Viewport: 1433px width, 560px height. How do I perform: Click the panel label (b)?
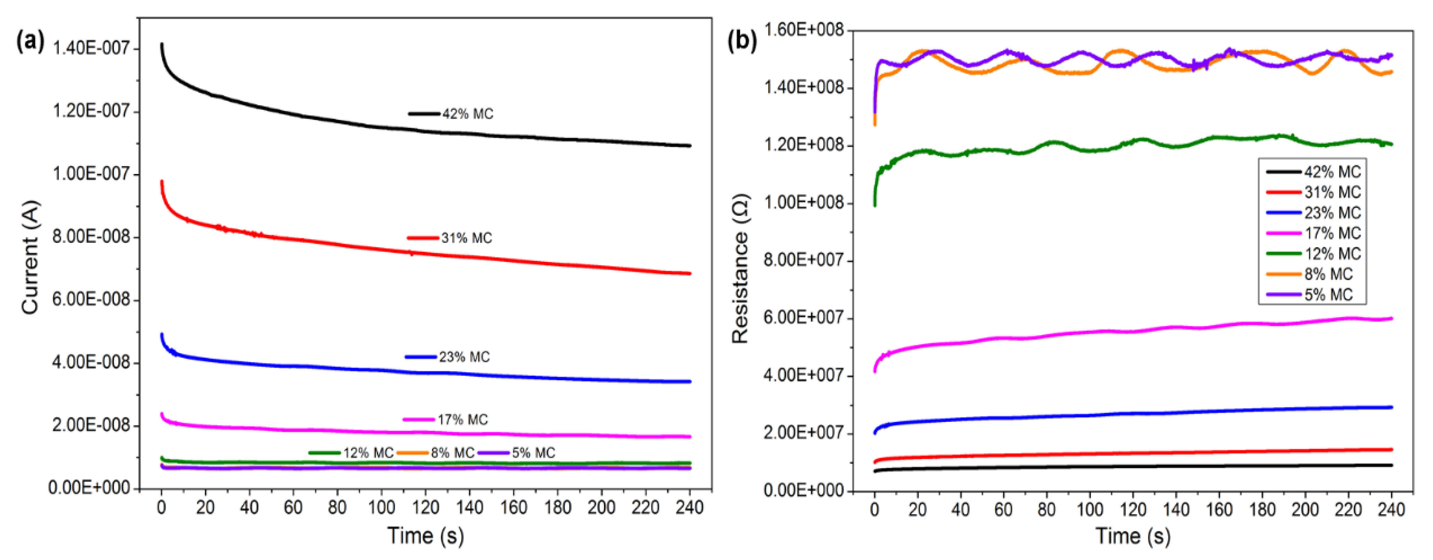[742, 42]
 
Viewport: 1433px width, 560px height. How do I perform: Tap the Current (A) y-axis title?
[31, 257]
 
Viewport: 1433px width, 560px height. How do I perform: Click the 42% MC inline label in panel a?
[467, 114]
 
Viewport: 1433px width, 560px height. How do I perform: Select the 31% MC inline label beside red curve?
[466, 238]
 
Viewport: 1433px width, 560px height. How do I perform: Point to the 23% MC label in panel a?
[464, 357]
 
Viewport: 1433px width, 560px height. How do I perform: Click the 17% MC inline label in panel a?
[462, 420]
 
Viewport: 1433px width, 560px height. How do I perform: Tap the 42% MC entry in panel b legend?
[1332, 172]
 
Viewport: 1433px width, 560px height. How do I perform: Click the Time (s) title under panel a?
[426, 535]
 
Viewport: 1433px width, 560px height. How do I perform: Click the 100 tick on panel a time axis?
[381, 507]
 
